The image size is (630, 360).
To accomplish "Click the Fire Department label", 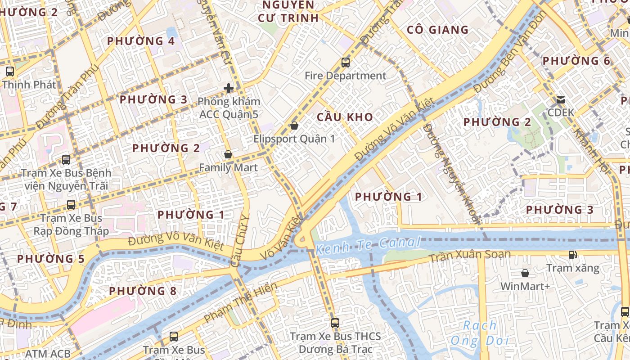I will tap(345, 76).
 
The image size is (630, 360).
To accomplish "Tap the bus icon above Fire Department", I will tap(346, 62).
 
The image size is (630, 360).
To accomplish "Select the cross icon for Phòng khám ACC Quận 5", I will tap(229, 88).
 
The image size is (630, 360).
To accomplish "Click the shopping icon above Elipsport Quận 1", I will tap(294, 126).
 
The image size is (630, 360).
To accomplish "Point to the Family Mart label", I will tap(228, 168).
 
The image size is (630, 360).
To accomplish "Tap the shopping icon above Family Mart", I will tap(228, 154).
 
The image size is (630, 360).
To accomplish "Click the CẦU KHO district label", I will tap(345, 117).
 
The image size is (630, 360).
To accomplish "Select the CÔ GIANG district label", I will tap(437, 30).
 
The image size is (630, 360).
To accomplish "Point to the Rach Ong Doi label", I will tap(480, 333).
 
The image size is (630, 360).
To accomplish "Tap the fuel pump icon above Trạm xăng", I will tap(572, 255).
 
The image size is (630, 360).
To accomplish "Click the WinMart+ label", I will tap(525, 286).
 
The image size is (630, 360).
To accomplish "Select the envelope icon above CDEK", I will tap(561, 99).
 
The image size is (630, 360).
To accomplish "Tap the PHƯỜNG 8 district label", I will tap(143, 291).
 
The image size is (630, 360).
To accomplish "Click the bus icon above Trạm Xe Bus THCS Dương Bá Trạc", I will tap(335, 323).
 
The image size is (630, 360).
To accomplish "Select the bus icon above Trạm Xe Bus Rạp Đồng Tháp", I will tap(71, 205).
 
